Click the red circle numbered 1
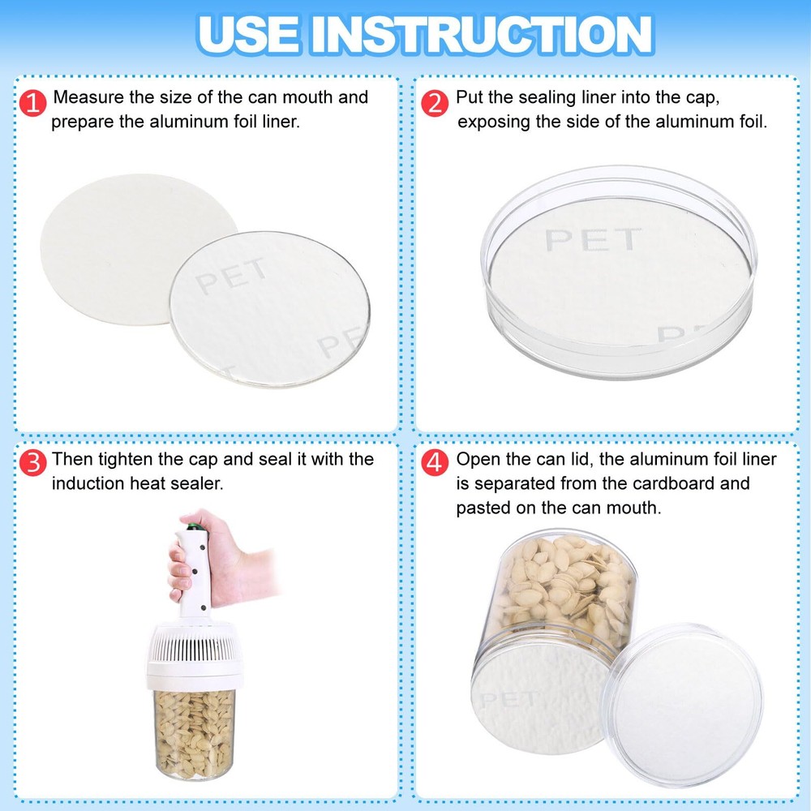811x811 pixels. point(32,102)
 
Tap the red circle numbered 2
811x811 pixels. point(435,102)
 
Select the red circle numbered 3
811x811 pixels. point(32,462)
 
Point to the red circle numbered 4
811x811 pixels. point(435,462)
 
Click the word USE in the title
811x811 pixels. point(248,35)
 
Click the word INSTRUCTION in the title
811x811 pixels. point(482,35)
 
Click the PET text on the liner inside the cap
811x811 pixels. point(593,239)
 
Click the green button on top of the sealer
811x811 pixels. point(194,526)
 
